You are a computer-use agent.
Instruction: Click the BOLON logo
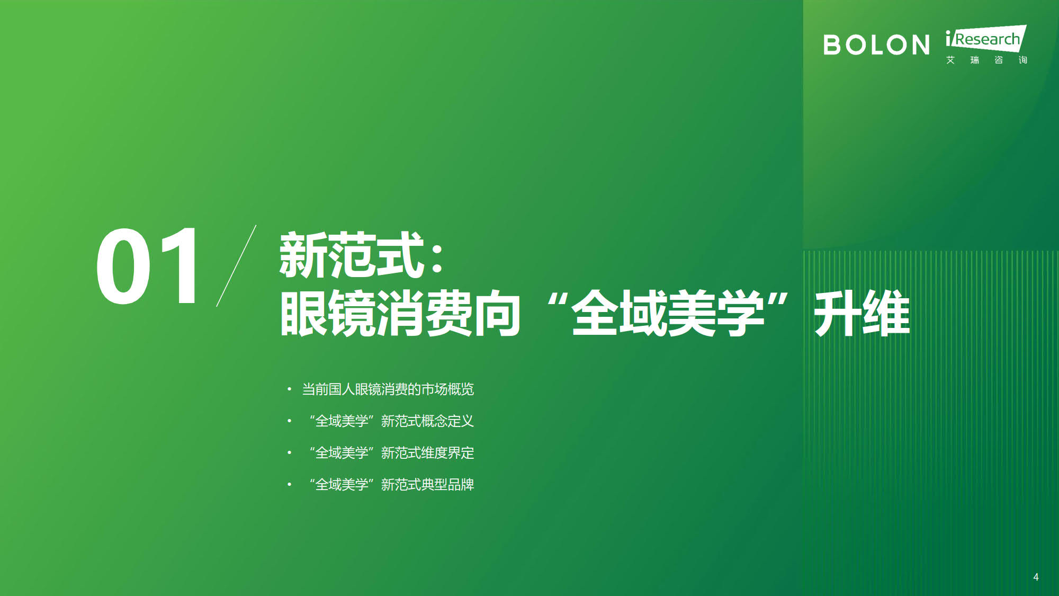coord(876,45)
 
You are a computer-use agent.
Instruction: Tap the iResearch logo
coord(986,45)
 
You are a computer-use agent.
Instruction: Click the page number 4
coord(1036,577)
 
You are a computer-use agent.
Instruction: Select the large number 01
coord(147,266)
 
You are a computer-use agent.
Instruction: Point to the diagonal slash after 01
coord(236,266)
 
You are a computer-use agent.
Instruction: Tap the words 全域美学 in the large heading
coord(668,313)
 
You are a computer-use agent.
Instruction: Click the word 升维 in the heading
coord(862,313)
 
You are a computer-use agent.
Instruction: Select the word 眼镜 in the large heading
coord(328,313)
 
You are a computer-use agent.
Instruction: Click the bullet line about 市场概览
coord(388,389)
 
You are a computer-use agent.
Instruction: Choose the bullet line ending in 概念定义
coord(391,421)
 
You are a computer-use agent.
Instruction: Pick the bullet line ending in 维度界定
coord(391,453)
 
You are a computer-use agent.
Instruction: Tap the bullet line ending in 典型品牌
coord(391,485)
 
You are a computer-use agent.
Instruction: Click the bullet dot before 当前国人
coord(289,389)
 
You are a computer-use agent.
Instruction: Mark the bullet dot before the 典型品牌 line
coord(289,484)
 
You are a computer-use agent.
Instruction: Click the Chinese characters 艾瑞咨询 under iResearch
coord(986,60)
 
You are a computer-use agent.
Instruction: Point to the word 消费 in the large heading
coord(424,313)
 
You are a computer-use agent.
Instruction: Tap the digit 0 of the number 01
coord(123,266)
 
